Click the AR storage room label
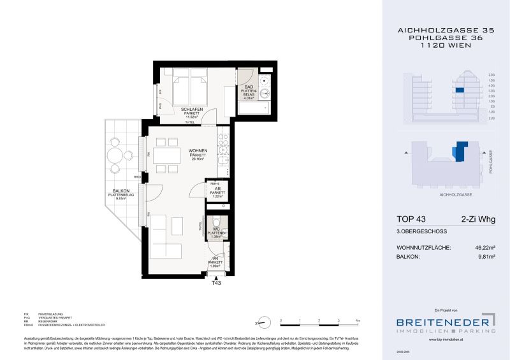click(217, 189)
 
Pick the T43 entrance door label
click(216, 285)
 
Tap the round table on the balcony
click(115, 154)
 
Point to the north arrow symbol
click(258, 323)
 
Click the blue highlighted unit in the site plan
click(458, 153)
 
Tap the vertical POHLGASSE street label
click(491, 162)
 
